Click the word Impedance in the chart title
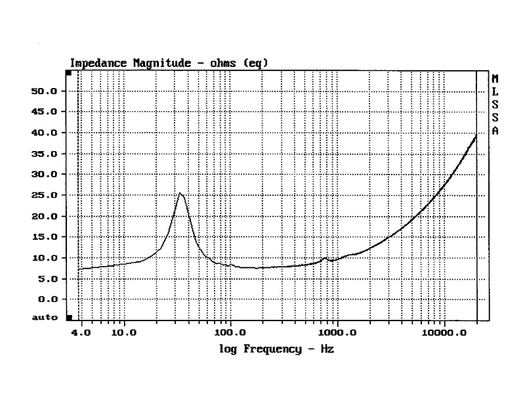tap(95, 63)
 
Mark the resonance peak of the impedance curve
tap(180, 193)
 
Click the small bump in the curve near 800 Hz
tap(325, 258)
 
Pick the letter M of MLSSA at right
tap(495, 79)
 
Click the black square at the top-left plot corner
tap(68, 72)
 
